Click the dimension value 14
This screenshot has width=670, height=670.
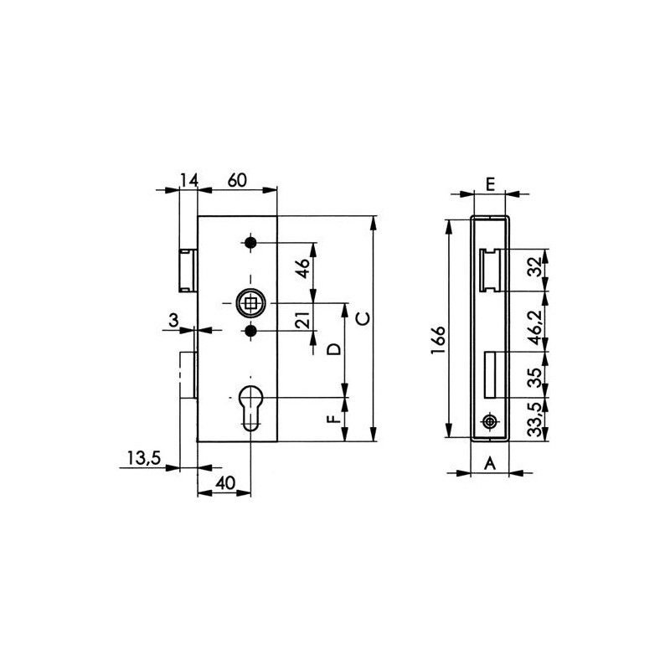pyautogui.click(x=188, y=181)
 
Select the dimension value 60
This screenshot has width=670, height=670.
pyautogui.click(x=237, y=180)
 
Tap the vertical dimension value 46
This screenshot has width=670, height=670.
pyautogui.click(x=303, y=268)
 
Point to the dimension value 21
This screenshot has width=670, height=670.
pyautogui.click(x=303, y=320)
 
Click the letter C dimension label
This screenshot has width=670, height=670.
pyautogui.click(x=363, y=319)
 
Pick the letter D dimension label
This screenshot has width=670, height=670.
pyautogui.click(x=334, y=349)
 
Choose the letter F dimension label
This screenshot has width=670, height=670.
pyautogui.click(x=334, y=417)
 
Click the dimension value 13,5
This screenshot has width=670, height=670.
pyautogui.click(x=143, y=458)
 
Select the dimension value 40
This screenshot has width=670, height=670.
pyautogui.click(x=225, y=483)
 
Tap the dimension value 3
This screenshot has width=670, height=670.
pyautogui.click(x=173, y=320)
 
